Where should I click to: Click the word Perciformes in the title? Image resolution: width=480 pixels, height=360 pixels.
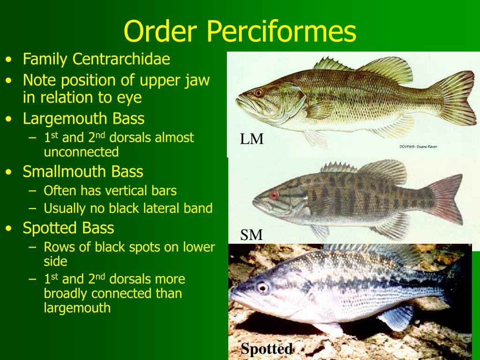pyautogui.click(x=281, y=31)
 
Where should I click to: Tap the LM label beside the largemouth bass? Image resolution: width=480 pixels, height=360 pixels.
pyautogui.click(x=252, y=139)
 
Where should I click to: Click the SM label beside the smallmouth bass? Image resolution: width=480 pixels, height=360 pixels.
pyautogui.click(x=251, y=235)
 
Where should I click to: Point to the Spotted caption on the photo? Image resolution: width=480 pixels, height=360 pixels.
pyautogui.click(x=266, y=349)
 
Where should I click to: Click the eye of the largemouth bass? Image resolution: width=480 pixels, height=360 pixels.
pyautogui.click(x=258, y=92)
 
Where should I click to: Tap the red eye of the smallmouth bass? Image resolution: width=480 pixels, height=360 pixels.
pyautogui.click(x=274, y=195)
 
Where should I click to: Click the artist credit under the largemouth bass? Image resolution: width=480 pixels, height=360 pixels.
pyautogui.click(x=418, y=147)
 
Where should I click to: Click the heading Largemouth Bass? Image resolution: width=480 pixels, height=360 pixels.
pyautogui.click(x=83, y=118)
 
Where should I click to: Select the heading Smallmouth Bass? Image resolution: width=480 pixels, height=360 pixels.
pyautogui.click(x=83, y=172)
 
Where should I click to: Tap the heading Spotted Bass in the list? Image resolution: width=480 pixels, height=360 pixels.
pyautogui.click(x=68, y=228)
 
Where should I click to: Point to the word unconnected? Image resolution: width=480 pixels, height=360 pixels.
pyautogui.click(x=81, y=152)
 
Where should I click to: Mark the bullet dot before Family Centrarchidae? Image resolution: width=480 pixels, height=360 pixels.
pyautogui.click(x=9, y=60)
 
